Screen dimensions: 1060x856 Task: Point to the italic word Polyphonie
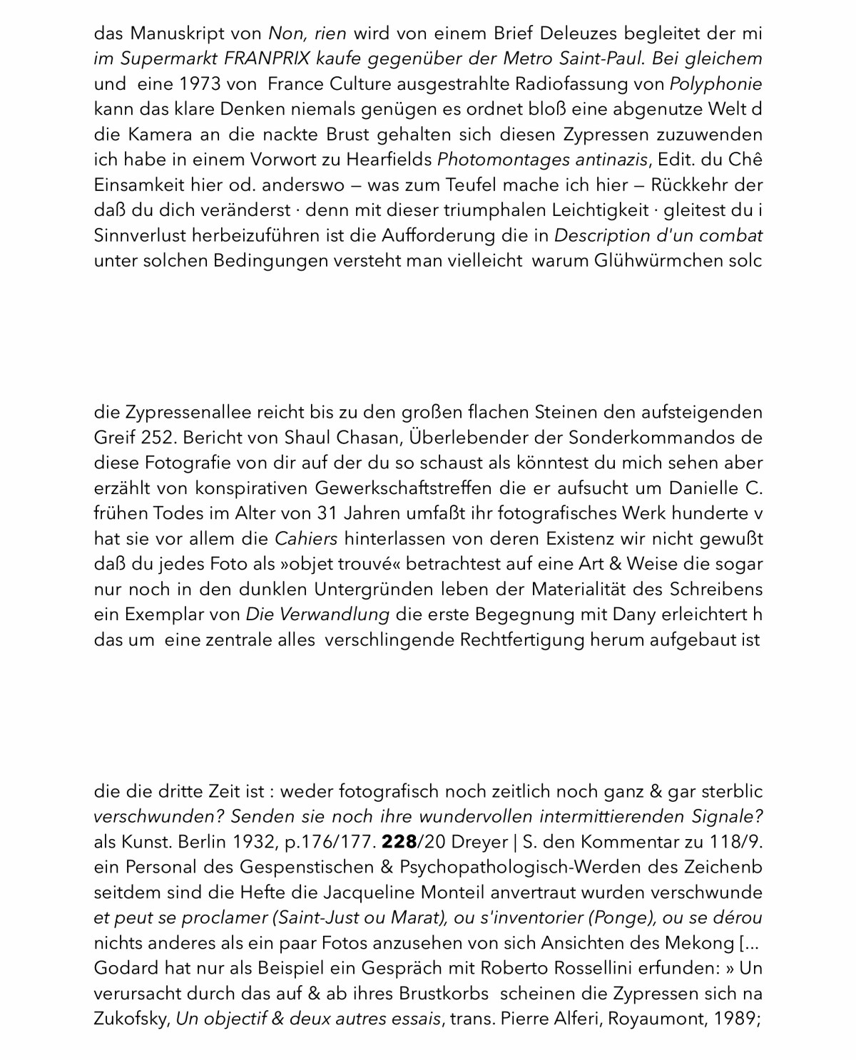pyautogui.click(x=715, y=84)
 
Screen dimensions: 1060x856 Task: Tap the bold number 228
pyautogui.click(x=399, y=843)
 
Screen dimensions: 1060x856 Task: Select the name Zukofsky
pyautogui.click(x=131, y=1019)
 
